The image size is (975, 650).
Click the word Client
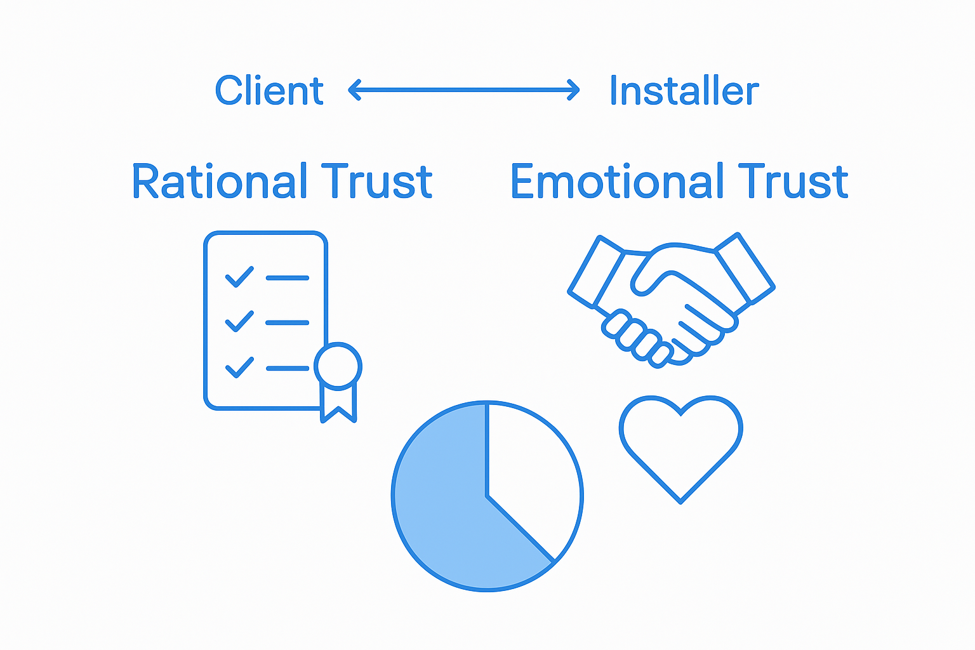[269, 91]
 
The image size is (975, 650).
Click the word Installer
[684, 91]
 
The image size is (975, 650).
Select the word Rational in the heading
[220, 182]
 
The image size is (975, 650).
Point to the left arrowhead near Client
[354, 90]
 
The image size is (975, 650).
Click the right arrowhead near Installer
[574, 90]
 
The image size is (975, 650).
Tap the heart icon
[680, 444]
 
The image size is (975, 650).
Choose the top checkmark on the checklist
[239, 277]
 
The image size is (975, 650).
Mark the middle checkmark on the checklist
[239, 321]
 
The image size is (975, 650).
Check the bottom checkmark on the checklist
[239, 367]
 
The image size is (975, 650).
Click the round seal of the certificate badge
[338, 366]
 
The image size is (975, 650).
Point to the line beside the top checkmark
[288, 278]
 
